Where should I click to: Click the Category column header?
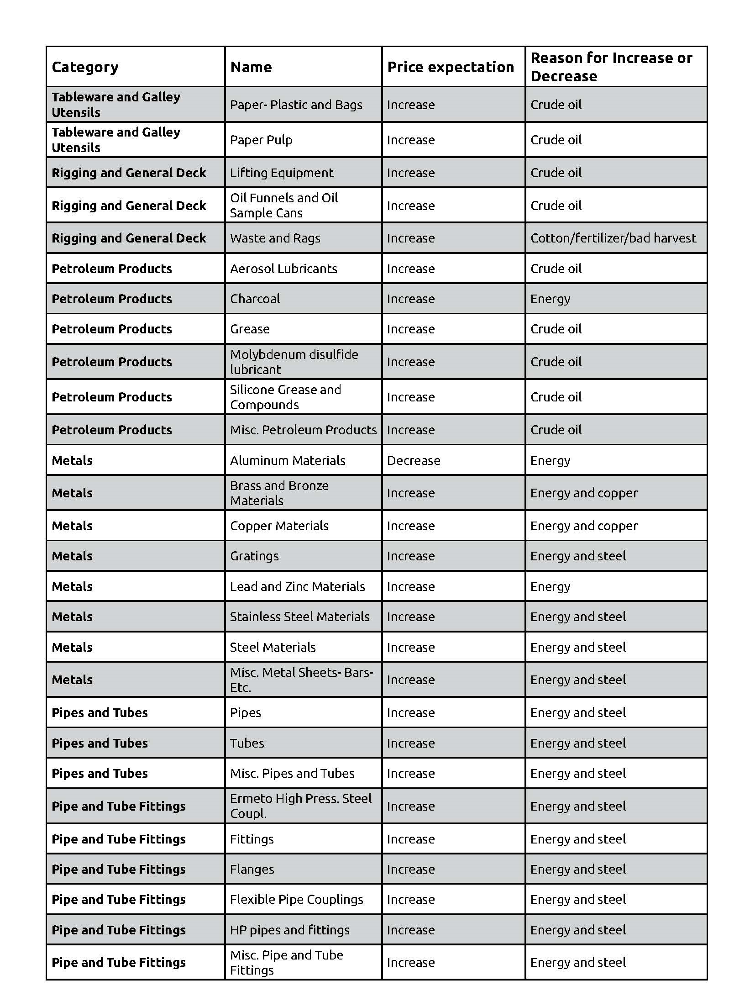coord(85,67)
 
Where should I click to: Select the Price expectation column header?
coord(450,67)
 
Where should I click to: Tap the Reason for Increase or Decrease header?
coord(611,67)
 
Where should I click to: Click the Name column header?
coord(251,67)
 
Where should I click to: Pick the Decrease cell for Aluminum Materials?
coord(413,460)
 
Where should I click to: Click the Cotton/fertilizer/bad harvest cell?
coord(613,238)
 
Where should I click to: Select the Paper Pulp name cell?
coord(261,140)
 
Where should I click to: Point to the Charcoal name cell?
coord(255,299)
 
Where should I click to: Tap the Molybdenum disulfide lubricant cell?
coord(294,362)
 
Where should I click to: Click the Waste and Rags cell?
coord(275,238)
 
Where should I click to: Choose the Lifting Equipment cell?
coord(282,173)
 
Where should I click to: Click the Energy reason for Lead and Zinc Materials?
coord(550,586)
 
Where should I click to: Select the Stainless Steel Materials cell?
coord(299,617)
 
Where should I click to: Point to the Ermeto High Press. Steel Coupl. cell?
coord(300,806)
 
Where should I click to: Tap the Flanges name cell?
coord(252,869)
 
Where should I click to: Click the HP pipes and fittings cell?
coord(289,930)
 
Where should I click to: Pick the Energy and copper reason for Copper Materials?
coord(583,526)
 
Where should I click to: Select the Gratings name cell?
coord(254,556)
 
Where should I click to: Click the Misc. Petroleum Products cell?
coord(303,430)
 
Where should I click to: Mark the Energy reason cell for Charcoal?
coord(550,299)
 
